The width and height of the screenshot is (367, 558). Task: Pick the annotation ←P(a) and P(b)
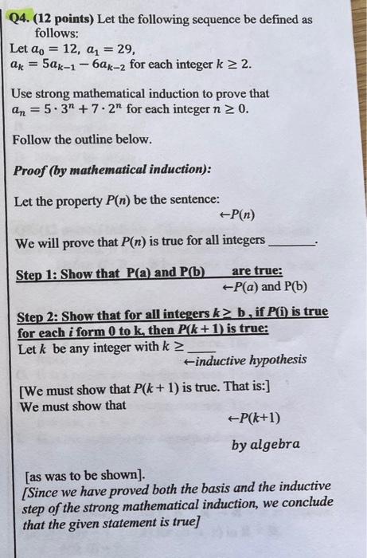[265, 287]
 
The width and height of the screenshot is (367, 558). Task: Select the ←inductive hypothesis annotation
[244, 360]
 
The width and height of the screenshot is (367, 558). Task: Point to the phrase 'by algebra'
[266, 444]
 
